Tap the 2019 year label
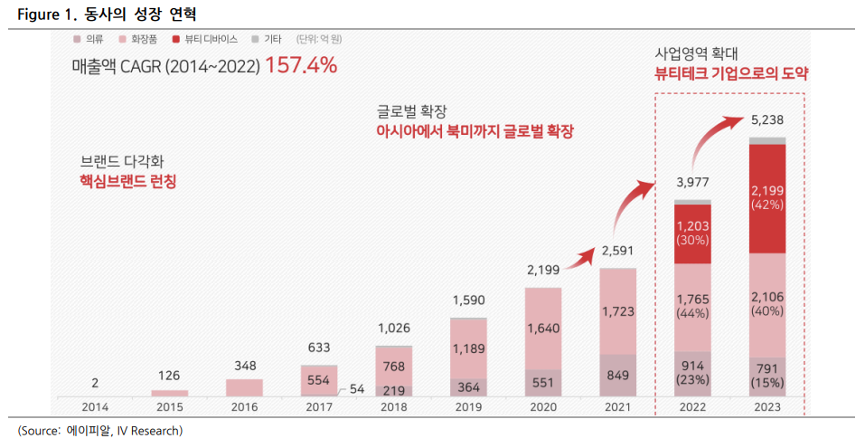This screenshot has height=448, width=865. pos(467,407)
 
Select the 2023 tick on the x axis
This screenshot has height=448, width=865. pos(767,407)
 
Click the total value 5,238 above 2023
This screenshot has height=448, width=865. pos(767,120)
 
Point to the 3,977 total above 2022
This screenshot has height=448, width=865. pos(692,183)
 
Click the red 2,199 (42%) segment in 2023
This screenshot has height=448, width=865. pos(767,197)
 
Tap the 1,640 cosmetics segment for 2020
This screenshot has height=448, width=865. pos(543,329)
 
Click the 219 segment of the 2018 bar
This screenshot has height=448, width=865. pos(393,390)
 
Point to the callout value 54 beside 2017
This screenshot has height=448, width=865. pos(358,388)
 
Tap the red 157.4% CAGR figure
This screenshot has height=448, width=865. pos(301,66)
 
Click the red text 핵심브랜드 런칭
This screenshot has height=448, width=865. pos(127,181)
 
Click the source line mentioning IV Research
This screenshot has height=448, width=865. pos(99,429)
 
